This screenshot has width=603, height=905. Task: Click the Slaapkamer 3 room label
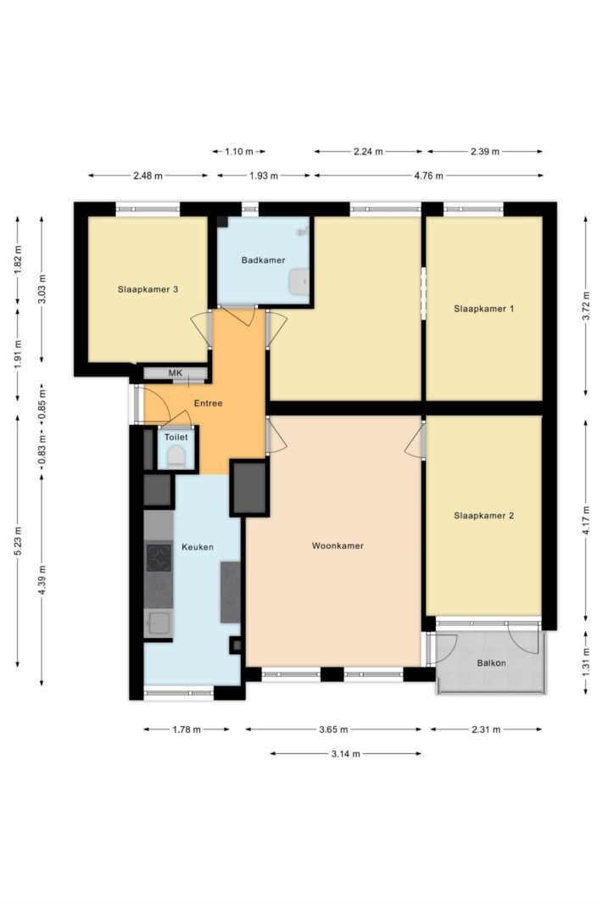pyautogui.click(x=148, y=289)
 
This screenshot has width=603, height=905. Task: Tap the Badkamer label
pyautogui.click(x=263, y=260)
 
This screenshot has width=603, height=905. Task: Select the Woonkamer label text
pyautogui.click(x=338, y=545)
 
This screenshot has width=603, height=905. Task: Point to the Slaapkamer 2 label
pyautogui.click(x=483, y=516)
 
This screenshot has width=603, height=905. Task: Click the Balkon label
pyautogui.click(x=492, y=663)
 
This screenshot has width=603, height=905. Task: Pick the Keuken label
pyautogui.click(x=198, y=546)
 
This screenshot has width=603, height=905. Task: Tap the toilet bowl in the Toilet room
pyautogui.click(x=176, y=458)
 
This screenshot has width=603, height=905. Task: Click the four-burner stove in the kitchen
pyautogui.click(x=159, y=557)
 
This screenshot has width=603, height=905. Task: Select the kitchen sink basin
pyautogui.click(x=159, y=623)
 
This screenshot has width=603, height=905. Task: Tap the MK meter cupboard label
pyautogui.click(x=176, y=373)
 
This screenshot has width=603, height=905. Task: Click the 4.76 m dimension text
pyautogui.click(x=428, y=176)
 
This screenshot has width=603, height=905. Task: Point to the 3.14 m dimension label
pyautogui.click(x=346, y=754)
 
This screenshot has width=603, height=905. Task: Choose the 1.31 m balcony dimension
pyautogui.click(x=586, y=662)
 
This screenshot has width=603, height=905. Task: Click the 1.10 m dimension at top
pyautogui.click(x=239, y=152)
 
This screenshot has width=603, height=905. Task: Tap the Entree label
pyautogui.click(x=208, y=404)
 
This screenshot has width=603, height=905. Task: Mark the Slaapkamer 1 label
pyautogui.click(x=483, y=309)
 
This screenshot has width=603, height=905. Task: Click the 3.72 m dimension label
pyautogui.click(x=586, y=306)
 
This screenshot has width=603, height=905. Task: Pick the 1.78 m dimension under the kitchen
pyautogui.click(x=187, y=729)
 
